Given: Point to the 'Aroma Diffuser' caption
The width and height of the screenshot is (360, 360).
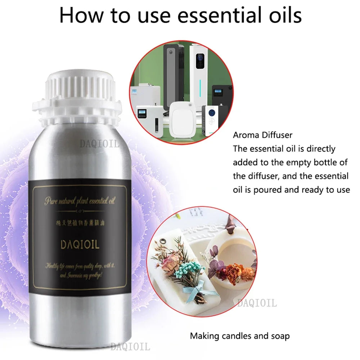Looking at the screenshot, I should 263,135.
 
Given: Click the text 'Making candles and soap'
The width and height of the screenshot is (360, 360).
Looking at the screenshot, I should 240,336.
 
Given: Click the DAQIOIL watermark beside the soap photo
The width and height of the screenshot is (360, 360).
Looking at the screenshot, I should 257,303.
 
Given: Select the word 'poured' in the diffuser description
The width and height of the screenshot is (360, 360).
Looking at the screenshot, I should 269,189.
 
